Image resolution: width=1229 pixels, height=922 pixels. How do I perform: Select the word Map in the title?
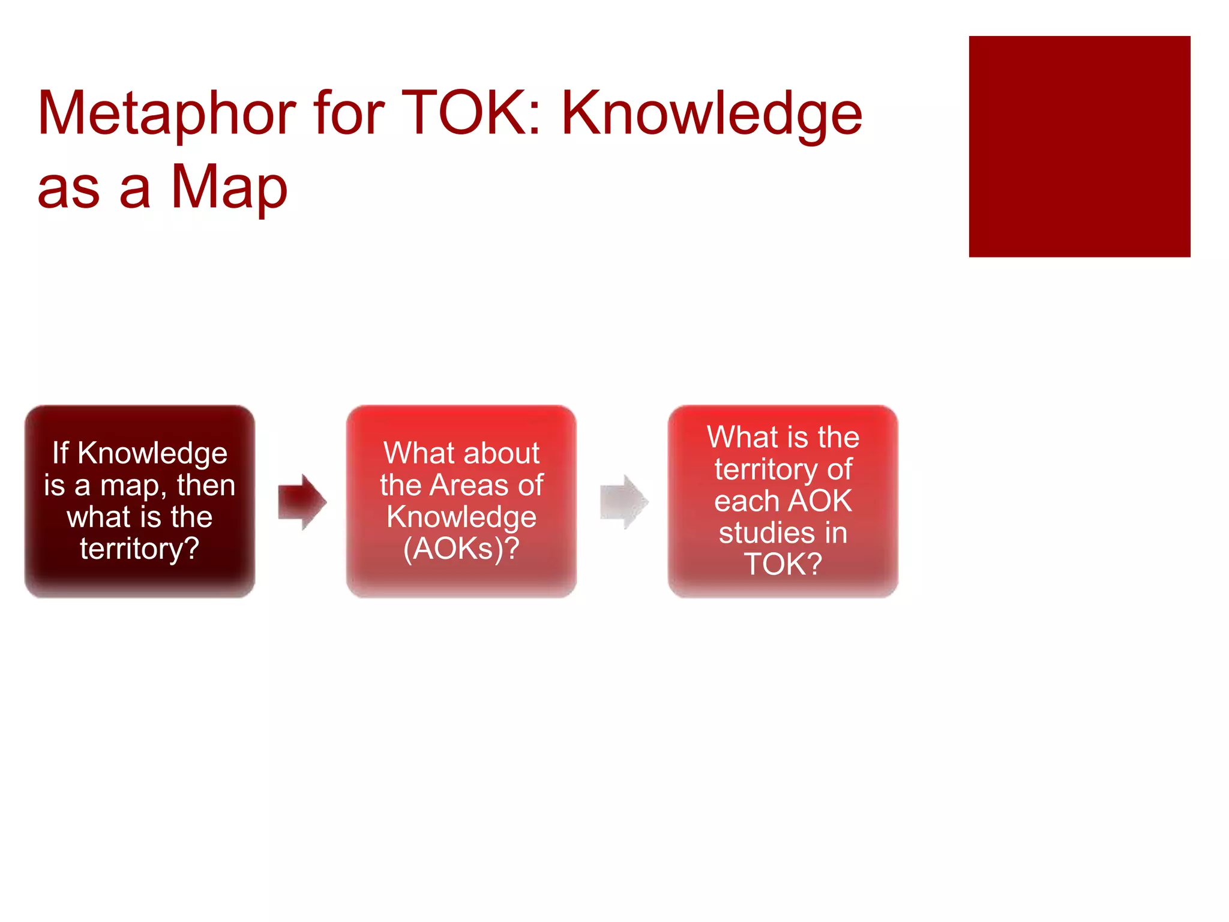pos(229,187)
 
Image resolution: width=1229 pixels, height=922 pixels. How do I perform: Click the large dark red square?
pos(1079,146)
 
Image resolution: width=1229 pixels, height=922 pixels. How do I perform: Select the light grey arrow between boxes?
pos(624,502)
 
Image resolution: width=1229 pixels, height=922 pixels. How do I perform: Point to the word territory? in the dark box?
pos(140,549)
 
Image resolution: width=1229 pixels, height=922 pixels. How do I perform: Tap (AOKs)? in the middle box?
pos(461,549)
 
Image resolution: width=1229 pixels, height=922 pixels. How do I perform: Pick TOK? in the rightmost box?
pos(783,565)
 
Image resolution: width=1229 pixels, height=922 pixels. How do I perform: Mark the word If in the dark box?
pos(61,453)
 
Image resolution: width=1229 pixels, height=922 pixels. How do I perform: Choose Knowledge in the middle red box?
pos(461,517)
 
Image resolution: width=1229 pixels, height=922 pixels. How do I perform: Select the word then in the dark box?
pos(206,485)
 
